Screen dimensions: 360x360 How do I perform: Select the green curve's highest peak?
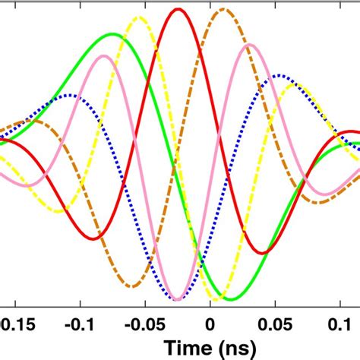tap(113, 33)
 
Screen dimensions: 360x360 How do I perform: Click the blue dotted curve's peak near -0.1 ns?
tap(70, 95)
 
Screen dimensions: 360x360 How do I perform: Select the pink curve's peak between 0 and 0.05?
tap(246, 46)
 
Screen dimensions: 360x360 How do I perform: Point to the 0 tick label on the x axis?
tap(210, 322)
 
